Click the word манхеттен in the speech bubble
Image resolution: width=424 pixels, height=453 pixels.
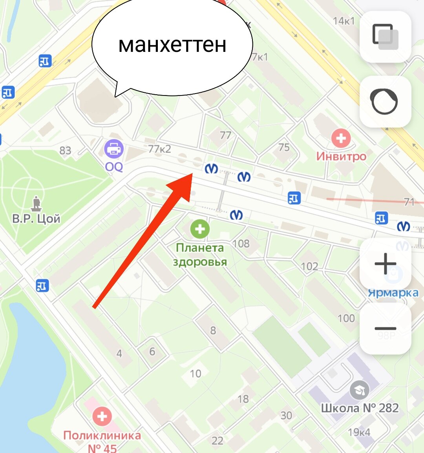pos(172,44)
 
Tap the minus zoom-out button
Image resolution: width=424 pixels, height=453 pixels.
pos(385,328)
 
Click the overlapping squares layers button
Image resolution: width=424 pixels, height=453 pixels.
pos(385,37)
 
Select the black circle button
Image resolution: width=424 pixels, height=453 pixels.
pos(385,101)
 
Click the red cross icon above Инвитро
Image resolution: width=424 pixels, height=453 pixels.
pos(341,138)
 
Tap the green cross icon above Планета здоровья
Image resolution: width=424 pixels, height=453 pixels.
pos(200,229)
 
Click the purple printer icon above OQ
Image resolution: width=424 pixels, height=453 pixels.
pos(114,149)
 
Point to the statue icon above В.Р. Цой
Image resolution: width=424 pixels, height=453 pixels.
pos(37,203)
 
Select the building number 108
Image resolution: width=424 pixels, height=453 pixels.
pos(241,244)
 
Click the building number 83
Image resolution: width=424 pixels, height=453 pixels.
pos(65,150)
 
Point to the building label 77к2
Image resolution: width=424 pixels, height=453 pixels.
pos(160,149)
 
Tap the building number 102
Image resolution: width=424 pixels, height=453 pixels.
pos(309,266)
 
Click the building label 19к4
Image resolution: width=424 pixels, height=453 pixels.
pos(359,432)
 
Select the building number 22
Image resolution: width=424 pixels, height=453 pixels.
pos(217,440)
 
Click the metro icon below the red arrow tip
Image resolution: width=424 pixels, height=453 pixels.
pos(236,215)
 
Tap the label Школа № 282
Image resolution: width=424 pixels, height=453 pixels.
pos(360,408)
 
